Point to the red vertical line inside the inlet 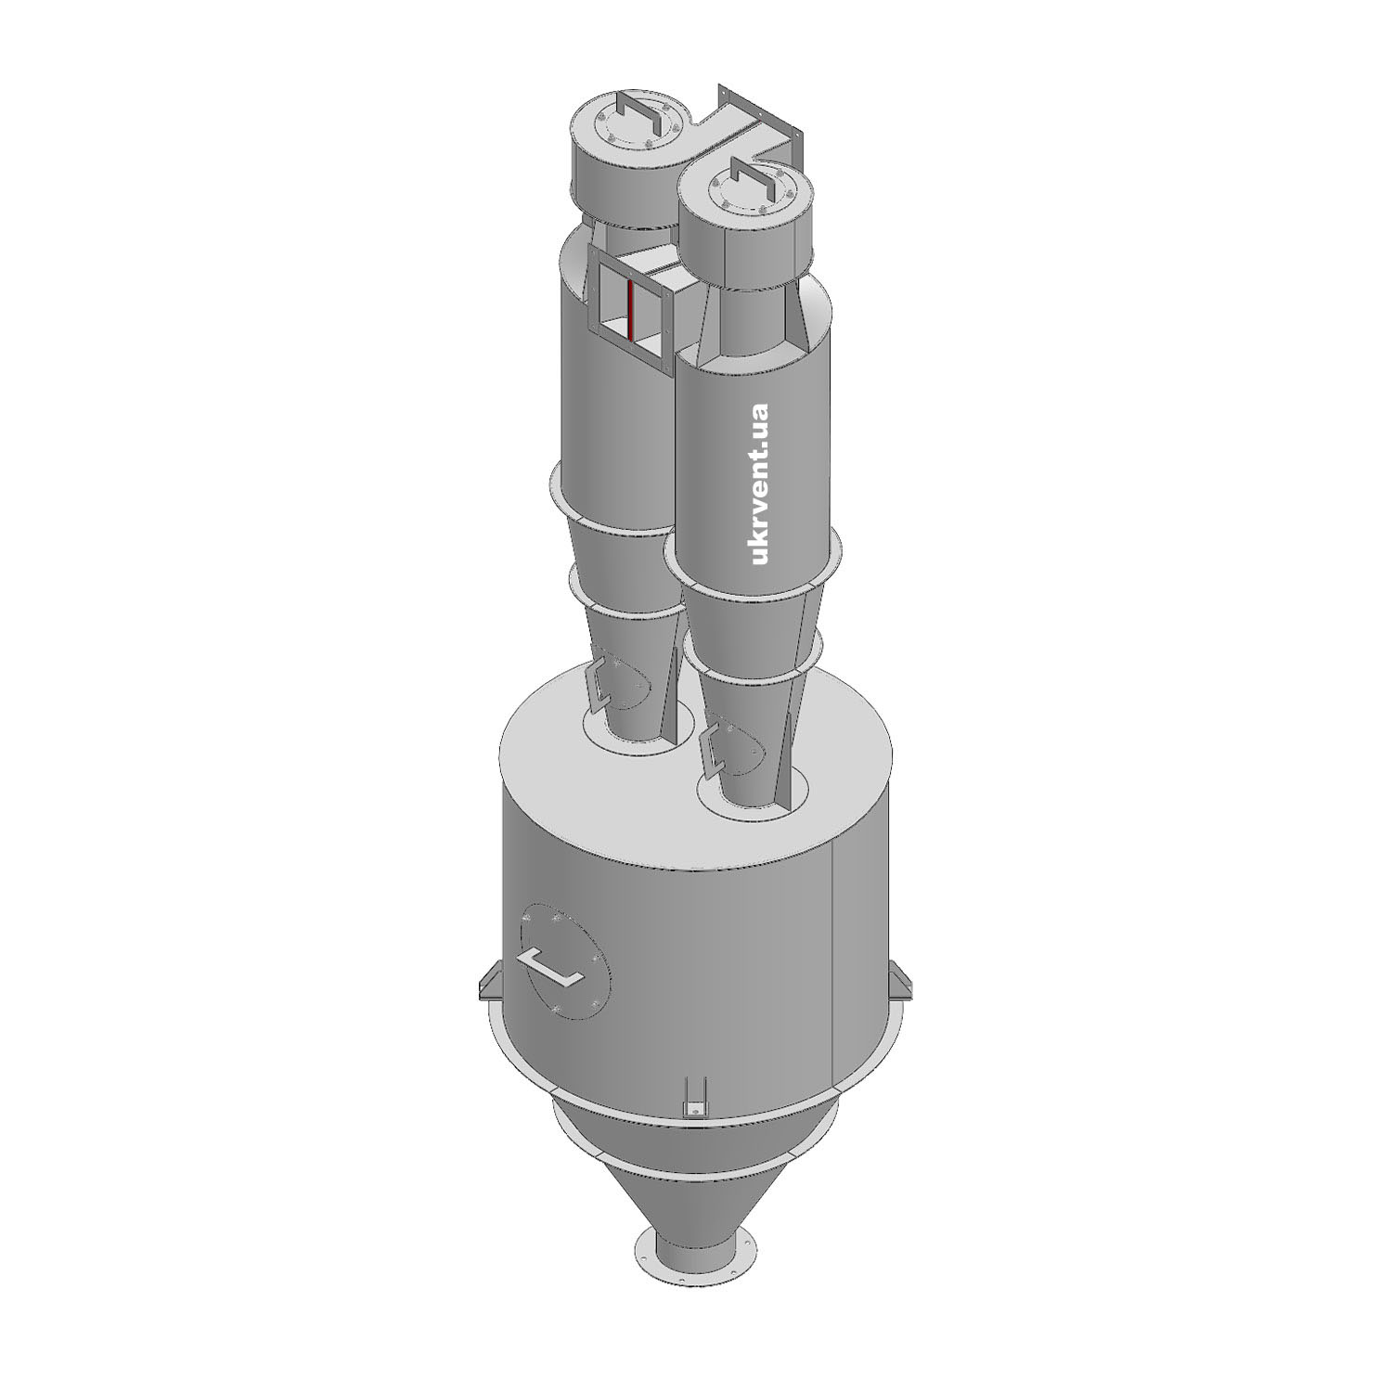pos(630,310)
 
